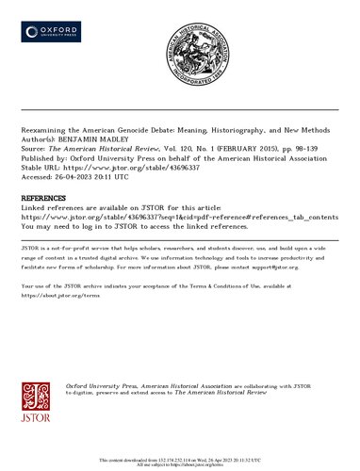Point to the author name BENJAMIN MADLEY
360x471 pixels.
click(103, 140)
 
